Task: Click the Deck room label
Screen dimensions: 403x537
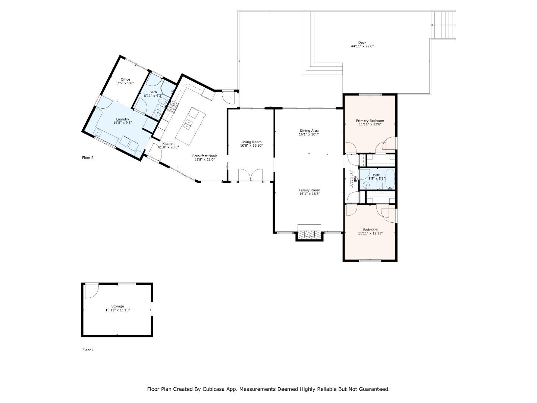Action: point(362,43)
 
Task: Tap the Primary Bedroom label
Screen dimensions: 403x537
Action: point(370,121)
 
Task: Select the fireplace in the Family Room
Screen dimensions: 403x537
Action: point(309,234)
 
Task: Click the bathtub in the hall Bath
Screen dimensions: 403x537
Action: point(390,179)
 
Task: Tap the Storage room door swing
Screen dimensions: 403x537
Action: point(91,291)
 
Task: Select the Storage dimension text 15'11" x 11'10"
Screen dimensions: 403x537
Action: point(117,310)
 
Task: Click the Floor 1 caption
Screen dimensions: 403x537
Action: point(88,350)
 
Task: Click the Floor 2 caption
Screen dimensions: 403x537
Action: point(88,157)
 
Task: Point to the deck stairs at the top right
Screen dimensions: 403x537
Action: point(443,25)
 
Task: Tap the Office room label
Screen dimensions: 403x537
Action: point(125,79)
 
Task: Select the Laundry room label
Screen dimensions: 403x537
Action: point(122,119)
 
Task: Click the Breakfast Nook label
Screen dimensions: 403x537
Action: point(204,156)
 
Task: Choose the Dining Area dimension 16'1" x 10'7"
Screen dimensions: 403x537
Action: point(309,134)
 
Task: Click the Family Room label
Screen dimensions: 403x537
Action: point(309,190)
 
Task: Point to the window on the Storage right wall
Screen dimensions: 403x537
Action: point(152,310)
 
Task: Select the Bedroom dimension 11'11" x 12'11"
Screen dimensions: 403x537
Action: point(370,233)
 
